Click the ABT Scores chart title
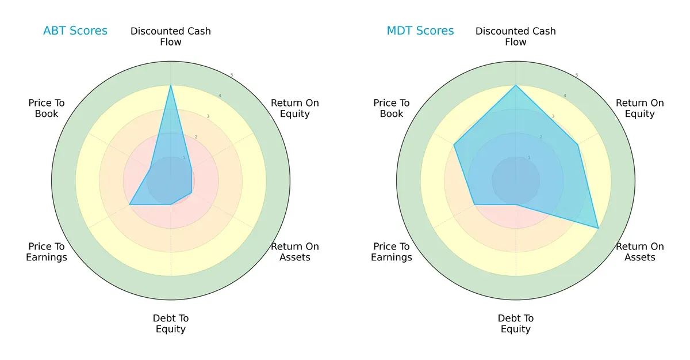75,31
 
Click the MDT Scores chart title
420,31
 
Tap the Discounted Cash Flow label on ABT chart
171,36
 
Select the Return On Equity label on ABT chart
295,108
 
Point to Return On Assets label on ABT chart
295,252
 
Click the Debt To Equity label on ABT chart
171,324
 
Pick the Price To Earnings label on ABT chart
47,252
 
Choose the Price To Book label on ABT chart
47,108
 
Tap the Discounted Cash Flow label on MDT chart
516,36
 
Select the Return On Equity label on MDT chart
640,108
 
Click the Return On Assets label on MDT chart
640,252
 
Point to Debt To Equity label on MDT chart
516,324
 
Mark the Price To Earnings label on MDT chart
392,252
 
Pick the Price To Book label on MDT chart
392,108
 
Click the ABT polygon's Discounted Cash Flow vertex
171,85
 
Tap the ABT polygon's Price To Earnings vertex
130,204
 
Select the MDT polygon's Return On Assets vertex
599,229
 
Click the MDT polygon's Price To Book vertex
454,145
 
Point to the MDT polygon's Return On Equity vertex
578,145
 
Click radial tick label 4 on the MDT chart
565,96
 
